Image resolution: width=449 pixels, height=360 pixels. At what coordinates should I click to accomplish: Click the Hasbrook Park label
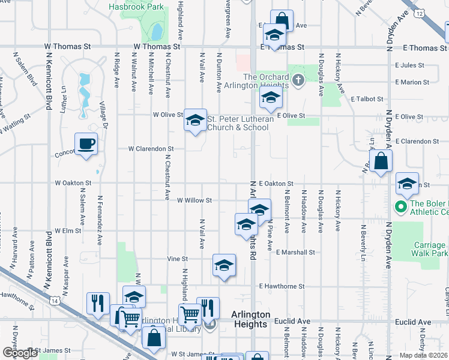point(136,7)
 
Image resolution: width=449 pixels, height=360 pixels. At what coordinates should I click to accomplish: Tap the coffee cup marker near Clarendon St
point(86,144)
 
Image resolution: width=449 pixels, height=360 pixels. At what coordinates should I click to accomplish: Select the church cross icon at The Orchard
point(298,79)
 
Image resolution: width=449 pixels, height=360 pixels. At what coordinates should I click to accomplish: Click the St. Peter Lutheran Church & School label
point(240,123)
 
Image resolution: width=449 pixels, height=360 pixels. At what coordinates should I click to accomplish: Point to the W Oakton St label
point(73,182)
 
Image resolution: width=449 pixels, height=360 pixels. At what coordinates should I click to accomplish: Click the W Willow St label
point(194,200)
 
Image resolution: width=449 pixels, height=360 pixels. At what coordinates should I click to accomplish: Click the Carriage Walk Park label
point(431,249)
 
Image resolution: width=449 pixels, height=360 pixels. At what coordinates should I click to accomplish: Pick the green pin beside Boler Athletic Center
point(401,207)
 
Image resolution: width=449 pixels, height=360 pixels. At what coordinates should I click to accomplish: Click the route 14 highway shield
point(55,301)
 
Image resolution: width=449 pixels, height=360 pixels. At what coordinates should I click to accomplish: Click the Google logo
point(20,353)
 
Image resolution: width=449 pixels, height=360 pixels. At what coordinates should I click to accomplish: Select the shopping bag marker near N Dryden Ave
point(381,161)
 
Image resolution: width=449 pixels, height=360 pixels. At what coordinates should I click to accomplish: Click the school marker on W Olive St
point(195,121)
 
